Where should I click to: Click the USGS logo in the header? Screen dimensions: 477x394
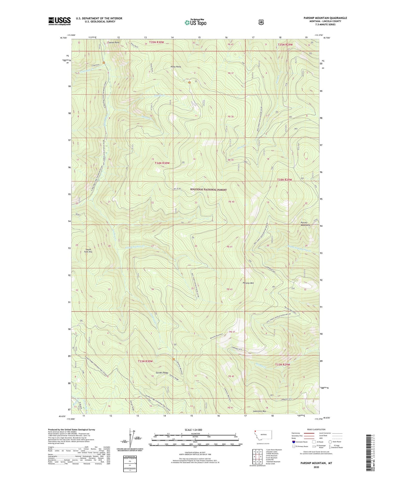(x=59, y=21)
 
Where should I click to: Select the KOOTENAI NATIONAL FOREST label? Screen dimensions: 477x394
(x=208, y=189)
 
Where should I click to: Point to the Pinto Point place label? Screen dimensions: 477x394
(x=176, y=67)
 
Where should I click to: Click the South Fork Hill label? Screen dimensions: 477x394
(x=89, y=251)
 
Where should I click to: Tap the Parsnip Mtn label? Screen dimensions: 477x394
(x=248, y=283)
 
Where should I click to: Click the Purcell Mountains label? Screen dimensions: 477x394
(x=305, y=224)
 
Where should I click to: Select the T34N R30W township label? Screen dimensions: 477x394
(x=162, y=163)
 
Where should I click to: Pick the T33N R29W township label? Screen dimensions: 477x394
(x=283, y=364)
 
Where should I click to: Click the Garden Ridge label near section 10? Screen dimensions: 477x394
(x=162, y=373)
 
